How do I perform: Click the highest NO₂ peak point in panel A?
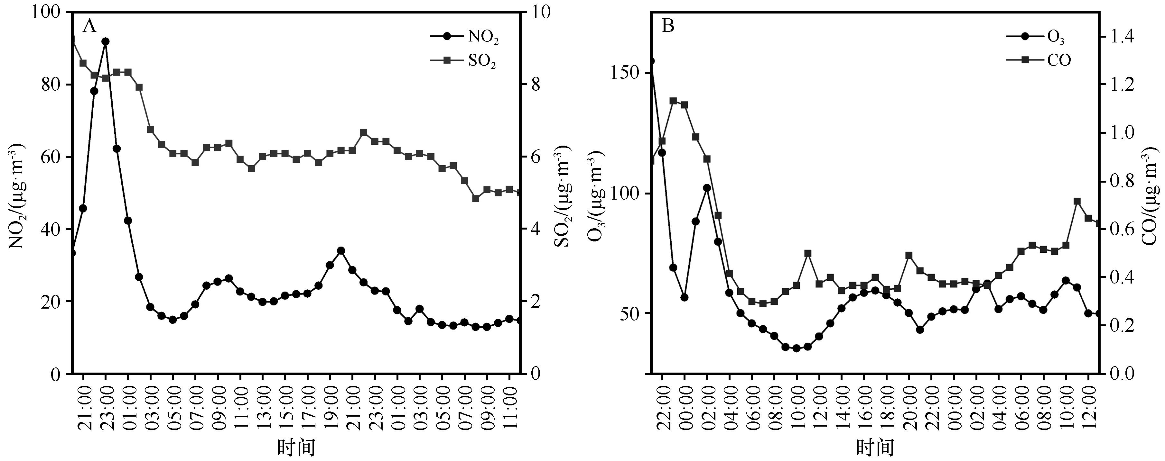[x=105, y=41]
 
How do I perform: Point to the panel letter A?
[x=89, y=26]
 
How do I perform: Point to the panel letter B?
[x=668, y=26]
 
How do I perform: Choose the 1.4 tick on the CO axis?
[x=1121, y=37]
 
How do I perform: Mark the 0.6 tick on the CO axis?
[x=1121, y=229]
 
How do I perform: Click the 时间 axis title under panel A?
[x=296, y=447]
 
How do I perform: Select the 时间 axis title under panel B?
[x=875, y=447]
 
